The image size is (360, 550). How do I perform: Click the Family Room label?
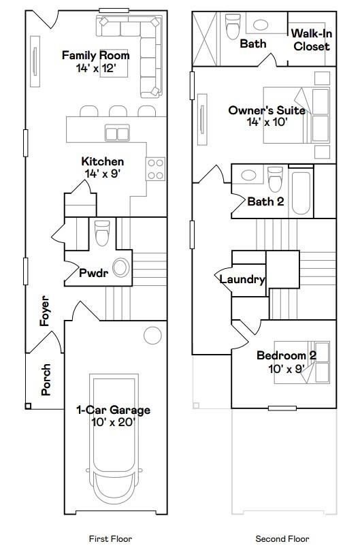(x=95, y=61)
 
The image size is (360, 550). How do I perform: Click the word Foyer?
(x=46, y=310)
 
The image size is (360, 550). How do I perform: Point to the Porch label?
(x=46, y=380)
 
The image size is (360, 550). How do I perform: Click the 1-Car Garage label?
(x=113, y=415)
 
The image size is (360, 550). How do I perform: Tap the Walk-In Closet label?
(x=312, y=40)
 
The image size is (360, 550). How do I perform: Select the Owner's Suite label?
(x=267, y=116)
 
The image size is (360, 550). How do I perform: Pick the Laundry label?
(x=242, y=279)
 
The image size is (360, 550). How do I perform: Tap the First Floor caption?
(x=110, y=538)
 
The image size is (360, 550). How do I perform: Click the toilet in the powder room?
(x=102, y=233)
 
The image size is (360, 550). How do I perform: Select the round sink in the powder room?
(x=121, y=268)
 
